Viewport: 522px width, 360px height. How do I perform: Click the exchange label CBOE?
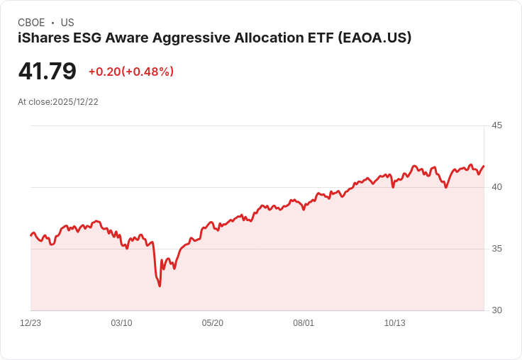(x=31, y=23)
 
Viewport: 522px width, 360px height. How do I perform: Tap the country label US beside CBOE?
(x=67, y=23)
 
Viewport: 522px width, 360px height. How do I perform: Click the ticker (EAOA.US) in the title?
(x=374, y=38)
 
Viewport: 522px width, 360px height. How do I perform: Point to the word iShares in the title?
(x=43, y=38)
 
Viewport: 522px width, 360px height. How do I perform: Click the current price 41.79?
(x=47, y=72)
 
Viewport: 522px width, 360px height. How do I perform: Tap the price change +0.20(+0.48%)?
(x=131, y=72)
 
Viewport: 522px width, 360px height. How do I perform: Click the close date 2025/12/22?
(x=75, y=102)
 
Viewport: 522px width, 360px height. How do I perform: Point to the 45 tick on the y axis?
(x=496, y=125)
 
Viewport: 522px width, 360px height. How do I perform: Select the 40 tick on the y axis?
(x=496, y=187)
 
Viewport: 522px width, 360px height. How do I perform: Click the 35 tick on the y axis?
(x=496, y=249)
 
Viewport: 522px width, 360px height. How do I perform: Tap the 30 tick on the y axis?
(x=496, y=310)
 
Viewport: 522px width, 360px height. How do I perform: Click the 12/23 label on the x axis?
(x=30, y=323)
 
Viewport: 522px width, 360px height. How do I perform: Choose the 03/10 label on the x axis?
(x=121, y=323)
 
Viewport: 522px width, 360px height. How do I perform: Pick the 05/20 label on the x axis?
(x=213, y=323)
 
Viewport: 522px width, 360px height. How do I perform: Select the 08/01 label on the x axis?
(x=304, y=323)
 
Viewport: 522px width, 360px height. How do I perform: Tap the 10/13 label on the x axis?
(x=395, y=323)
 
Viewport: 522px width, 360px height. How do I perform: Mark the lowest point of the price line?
(x=160, y=286)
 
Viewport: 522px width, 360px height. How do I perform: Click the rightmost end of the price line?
(x=484, y=166)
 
